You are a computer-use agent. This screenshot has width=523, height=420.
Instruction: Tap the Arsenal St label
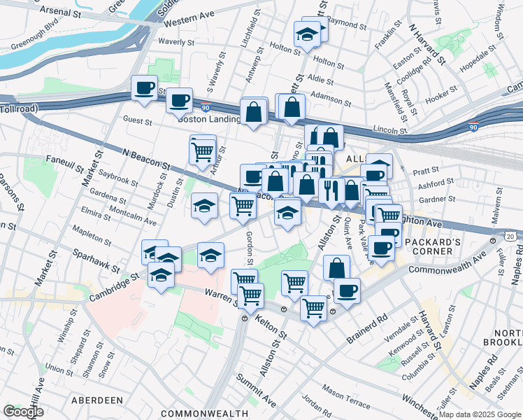(x=66, y=12)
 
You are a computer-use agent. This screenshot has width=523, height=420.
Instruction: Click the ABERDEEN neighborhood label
(x=96, y=400)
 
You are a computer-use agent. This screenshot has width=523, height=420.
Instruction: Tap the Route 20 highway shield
(x=513, y=237)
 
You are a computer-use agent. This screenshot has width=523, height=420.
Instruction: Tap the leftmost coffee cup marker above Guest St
(x=144, y=88)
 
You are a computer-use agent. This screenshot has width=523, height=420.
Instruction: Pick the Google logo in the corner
(x=22, y=412)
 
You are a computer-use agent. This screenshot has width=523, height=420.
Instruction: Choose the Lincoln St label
(x=389, y=129)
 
